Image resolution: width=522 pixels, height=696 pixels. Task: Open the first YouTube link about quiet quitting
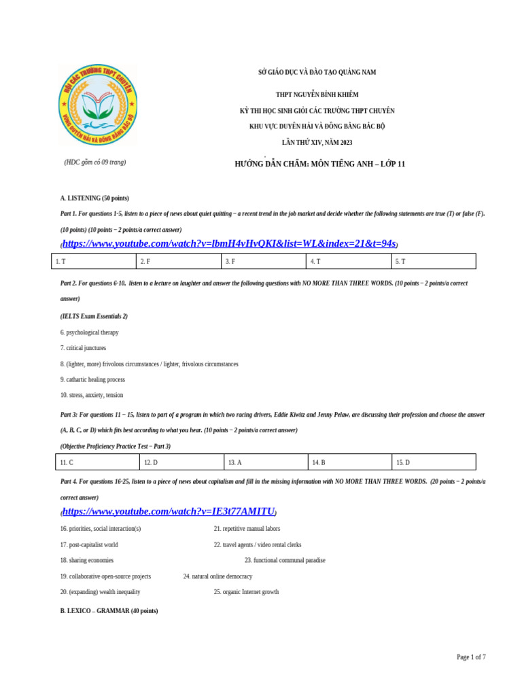(230, 244)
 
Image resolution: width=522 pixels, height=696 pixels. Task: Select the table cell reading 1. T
(94, 261)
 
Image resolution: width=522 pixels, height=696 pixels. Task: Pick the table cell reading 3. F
(263, 261)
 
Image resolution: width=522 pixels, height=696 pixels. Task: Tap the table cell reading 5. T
(433, 261)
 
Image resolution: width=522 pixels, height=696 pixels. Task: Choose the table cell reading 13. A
(266, 462)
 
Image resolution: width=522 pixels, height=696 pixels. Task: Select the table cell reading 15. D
(434, 462)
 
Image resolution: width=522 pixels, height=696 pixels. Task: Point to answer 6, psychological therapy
(89, 332)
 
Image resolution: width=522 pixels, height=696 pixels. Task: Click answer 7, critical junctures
(83, 348)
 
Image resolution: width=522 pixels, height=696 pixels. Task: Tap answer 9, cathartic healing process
(92, 379)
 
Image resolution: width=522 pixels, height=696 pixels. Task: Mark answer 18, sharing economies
(87, 560)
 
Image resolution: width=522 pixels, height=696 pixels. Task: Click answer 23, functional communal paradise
(285, 560)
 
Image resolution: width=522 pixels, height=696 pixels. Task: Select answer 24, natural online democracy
(217, 576)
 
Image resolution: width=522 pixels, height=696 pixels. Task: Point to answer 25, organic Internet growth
(246, 592)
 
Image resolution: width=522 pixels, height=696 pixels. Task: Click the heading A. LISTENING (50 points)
(94, 198)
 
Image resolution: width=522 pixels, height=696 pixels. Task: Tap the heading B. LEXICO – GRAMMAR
(109, 611)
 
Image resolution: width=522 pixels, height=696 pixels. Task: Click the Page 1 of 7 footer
(470, 657)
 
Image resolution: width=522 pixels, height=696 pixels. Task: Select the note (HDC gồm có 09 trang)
(95, 162)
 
